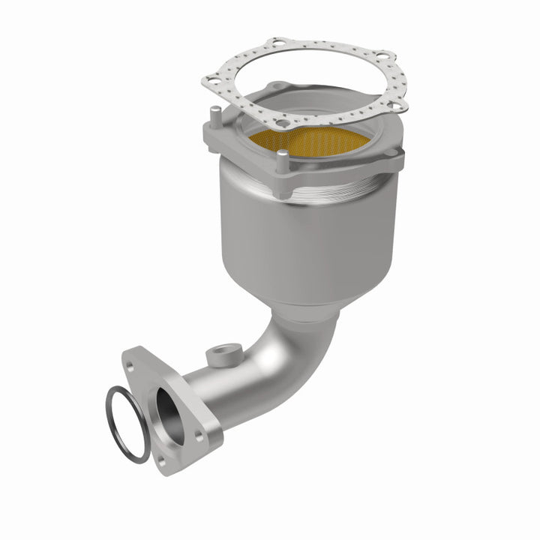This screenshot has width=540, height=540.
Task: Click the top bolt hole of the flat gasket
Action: (x=279, y=42)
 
